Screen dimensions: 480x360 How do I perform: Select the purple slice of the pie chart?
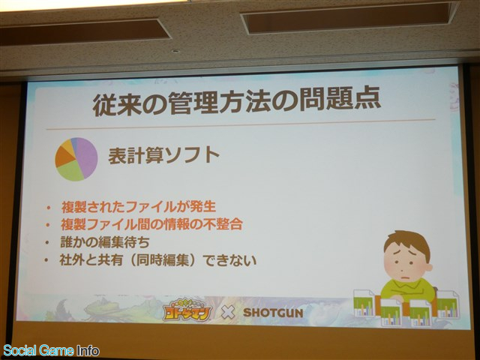click(87, 157)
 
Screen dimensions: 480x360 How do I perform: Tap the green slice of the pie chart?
click(70, 171)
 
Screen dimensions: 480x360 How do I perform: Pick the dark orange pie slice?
click(64, 156)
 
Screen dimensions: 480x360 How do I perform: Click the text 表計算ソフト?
click(163, 155)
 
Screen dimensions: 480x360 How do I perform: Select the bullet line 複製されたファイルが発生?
click(139, 207)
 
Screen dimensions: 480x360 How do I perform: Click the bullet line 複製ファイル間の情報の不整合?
click(151, 224)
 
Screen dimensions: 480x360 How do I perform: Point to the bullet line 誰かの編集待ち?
click(105, 242)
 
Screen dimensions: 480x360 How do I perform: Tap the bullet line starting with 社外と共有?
click(158, 260)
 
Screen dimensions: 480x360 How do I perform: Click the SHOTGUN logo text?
click(273, 313)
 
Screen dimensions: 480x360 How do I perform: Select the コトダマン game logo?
click(187, 312)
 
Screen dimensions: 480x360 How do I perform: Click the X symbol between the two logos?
click(228, 313)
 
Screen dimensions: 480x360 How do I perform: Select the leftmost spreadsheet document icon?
click(364, 303)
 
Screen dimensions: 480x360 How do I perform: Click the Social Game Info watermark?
click(51, 350)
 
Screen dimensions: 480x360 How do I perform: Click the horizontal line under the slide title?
click(241, 124)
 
